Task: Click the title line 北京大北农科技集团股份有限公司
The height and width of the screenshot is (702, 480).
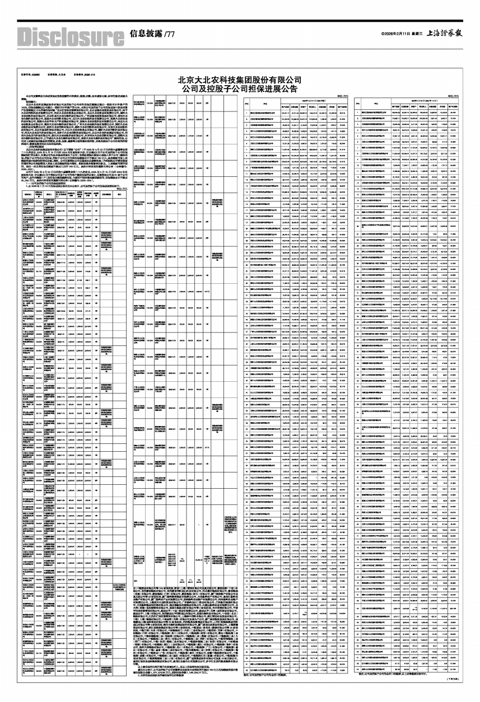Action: tap(240, 80)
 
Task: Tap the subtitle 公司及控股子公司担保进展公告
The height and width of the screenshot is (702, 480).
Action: tap(240, 89)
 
